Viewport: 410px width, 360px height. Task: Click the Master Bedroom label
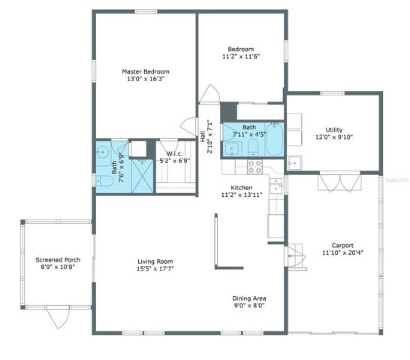tap(146, 71)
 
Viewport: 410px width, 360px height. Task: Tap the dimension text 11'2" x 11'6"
tap(241, 56)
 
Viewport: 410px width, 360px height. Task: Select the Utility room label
tap(334, 130)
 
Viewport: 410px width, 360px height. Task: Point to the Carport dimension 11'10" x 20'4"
tap(342, 253)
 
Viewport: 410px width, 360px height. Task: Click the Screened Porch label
tap(58, 260)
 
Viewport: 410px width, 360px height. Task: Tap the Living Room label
tap(155, 262)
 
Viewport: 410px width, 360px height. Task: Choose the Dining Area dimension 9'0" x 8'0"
tap(249, 305)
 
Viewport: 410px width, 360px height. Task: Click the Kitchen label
tap(241, 188)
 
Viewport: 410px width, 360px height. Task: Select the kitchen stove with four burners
tap(255, 167)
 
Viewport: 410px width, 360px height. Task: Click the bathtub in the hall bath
tap(274, 139)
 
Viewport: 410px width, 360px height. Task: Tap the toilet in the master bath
tap(104, 181)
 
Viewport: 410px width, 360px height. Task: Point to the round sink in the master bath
tap(102, 152)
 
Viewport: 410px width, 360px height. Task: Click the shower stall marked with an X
tap(142, 177)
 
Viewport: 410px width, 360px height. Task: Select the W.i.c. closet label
tap(174, 153)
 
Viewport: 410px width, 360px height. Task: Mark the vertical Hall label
tap(203, 137)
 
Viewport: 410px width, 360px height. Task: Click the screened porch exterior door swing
tap(58, 317)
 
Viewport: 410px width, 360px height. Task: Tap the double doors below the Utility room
tap(339, 182)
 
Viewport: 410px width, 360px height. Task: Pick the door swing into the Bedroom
tap(210, 94)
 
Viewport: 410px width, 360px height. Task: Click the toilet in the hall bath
tap(253, 147)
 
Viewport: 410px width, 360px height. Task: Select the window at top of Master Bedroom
tap(146, 11)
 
